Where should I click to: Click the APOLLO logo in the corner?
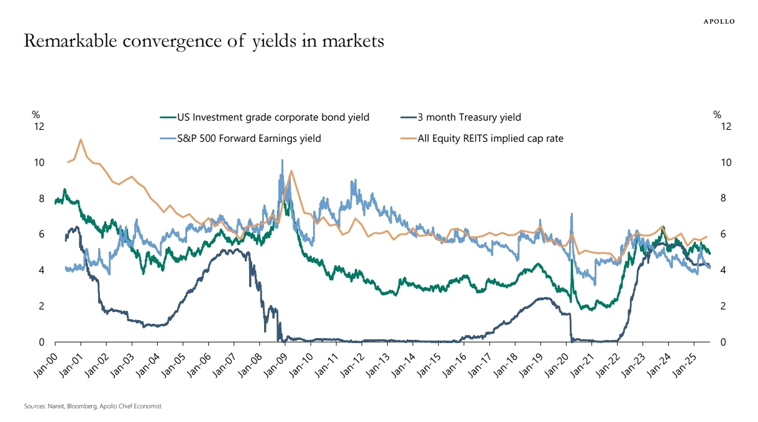719,21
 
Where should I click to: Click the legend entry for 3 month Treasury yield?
469,117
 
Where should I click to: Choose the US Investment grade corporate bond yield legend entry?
273,117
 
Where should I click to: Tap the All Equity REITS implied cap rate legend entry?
490,139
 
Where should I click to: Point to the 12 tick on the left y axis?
40,127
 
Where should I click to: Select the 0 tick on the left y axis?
42,342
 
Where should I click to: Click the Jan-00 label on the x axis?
45,360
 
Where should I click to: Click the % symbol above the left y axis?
36,114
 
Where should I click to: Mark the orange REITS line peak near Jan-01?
81,139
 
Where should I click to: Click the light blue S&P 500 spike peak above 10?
282,160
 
